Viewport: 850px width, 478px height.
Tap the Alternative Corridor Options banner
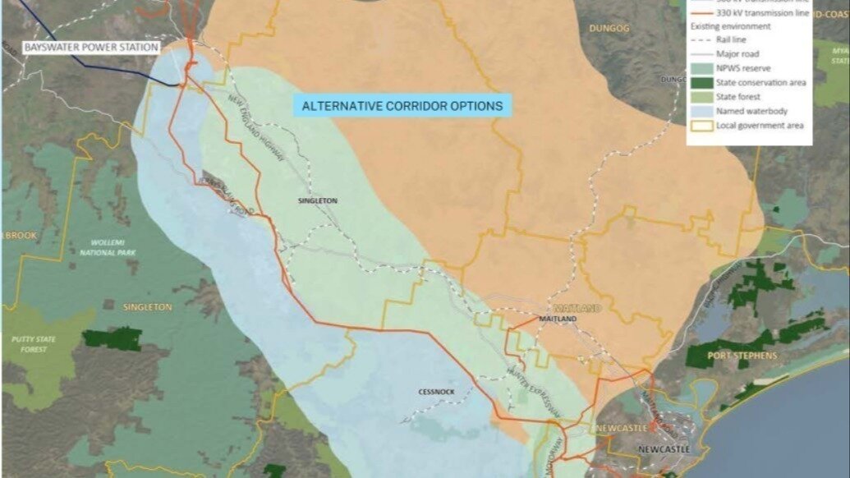pyautogui.click(x=402, y=106)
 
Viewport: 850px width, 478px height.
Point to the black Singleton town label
pyautogui.click(x=317, y=200)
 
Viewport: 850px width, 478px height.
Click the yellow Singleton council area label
pyautogui.click(x=147, y=307)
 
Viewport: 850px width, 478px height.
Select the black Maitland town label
pyautogui.click(x=558, y=319)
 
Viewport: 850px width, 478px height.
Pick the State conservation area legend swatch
pyautogui.click(x=700, y=82)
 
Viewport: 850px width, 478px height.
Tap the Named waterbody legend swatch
pyautogui.click(x=700, y=111)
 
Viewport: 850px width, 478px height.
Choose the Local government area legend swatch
pyautogui.click(x=700, y=125)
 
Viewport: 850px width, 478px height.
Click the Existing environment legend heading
pyautogui.click(x=729, y=26)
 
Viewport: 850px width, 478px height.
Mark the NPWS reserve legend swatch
pyautogui.click(x=700, y=68)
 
